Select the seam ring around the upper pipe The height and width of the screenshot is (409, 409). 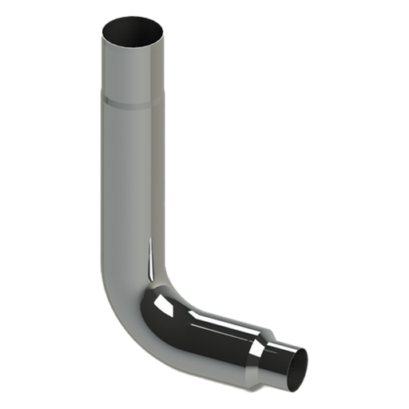click(133, 101)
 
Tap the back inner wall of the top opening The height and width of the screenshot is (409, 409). click(133, 24)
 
